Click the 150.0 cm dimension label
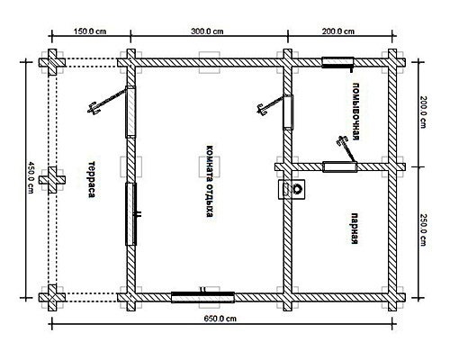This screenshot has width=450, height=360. [90, 31]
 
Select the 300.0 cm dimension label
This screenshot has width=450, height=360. [207, 31]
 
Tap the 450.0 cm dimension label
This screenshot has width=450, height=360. [31, 177]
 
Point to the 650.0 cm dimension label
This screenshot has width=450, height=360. [220, 319]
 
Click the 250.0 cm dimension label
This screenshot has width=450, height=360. [423, 229]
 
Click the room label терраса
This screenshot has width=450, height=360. [92, 179]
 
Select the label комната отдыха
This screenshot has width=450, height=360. [210, 181]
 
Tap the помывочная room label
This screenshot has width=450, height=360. [355, 112]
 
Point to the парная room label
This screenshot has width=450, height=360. [355, 229]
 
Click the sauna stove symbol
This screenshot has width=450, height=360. [292, 189]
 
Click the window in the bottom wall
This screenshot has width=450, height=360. [202, 297]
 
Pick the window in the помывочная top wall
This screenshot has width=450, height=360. [337, 62]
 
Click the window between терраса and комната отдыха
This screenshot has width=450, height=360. [130, 214]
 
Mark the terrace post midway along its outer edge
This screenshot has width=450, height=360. [52, 180]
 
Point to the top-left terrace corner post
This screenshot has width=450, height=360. [52, 62]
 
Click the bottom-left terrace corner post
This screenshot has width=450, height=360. [52, 298]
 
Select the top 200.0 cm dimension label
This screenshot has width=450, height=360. [338, 31]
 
